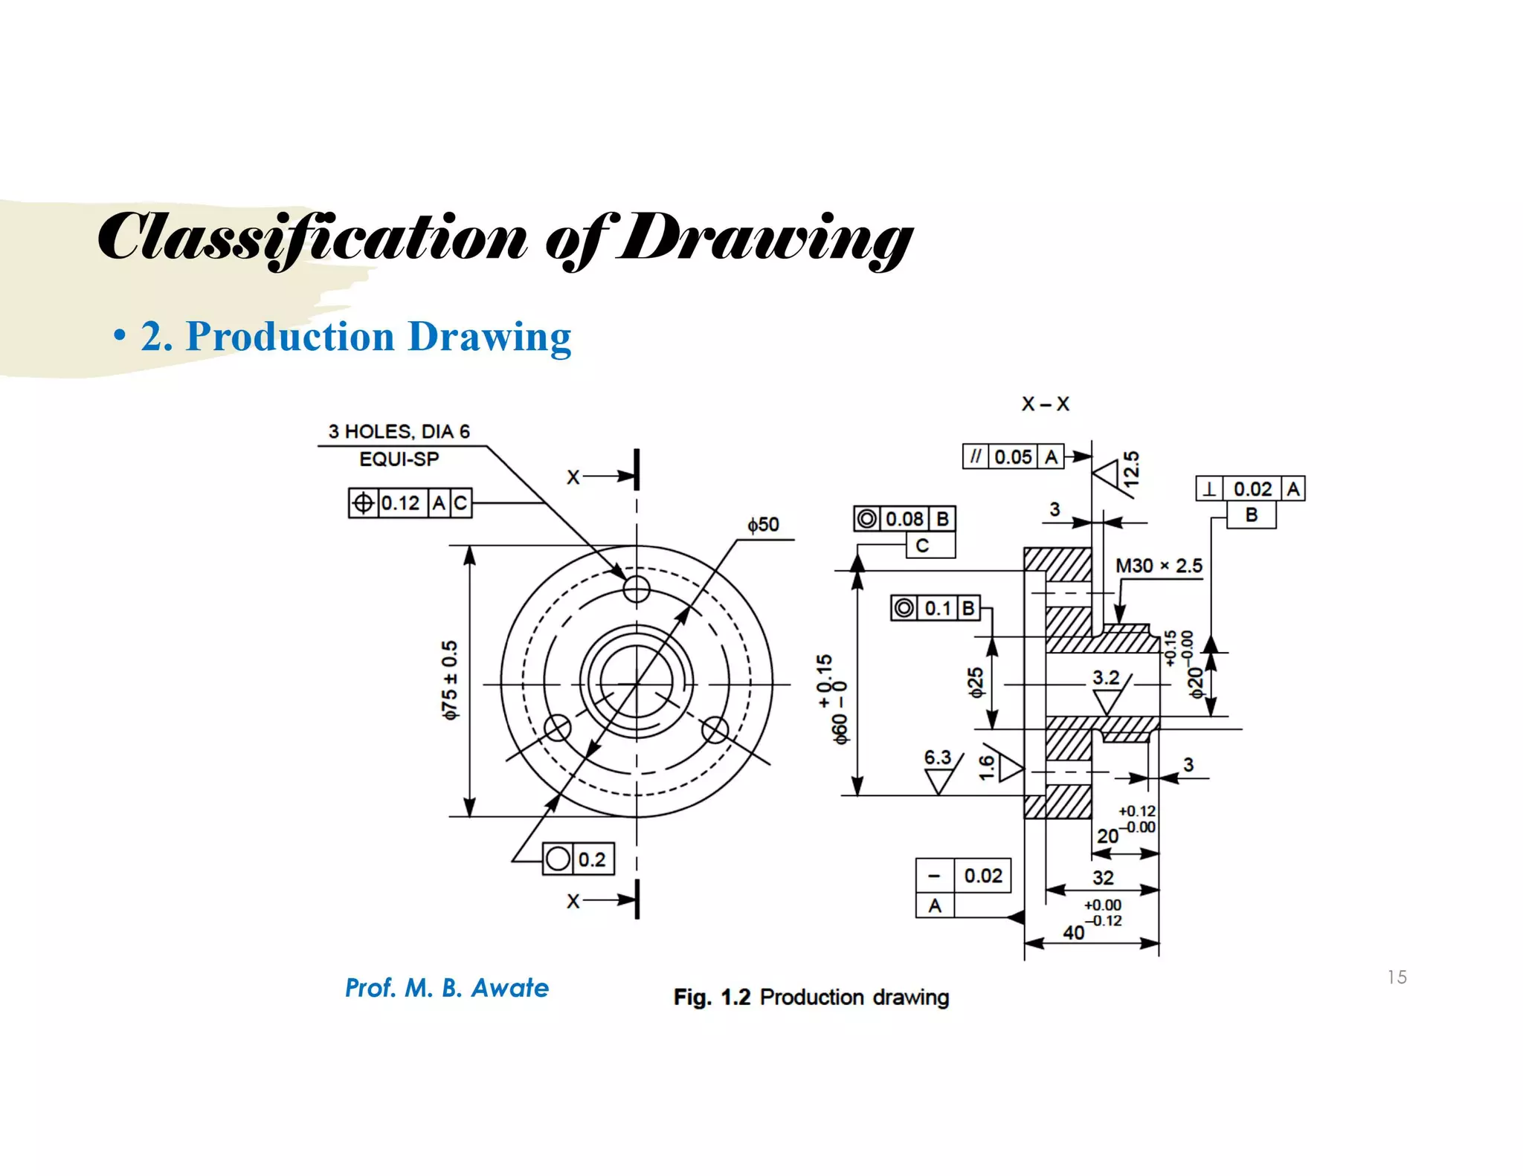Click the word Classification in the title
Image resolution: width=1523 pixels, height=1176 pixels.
click(312, 238)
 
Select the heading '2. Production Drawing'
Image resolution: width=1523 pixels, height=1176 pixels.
click(355, 336)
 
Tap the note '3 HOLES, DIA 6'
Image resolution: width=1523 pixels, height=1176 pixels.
click(399, 432)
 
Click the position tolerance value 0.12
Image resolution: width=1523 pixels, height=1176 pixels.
click(401, 503)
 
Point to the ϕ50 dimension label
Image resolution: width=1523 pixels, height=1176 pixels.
click(764, 525)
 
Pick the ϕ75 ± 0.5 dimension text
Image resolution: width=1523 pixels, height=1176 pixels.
click(450, 680)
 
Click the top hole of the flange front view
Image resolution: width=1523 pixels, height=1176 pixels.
click(637, 589)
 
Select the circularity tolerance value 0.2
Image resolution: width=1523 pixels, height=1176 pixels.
click(592, 859)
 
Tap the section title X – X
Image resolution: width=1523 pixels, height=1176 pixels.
click(1045, 404)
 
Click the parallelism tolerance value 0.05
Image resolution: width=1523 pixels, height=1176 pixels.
click(1013, 456)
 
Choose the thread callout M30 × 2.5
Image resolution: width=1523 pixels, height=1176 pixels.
click(1159, 566)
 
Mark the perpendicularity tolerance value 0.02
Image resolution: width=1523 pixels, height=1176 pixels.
click(1252, 489)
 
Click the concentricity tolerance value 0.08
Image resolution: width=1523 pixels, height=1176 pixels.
click(904, 519)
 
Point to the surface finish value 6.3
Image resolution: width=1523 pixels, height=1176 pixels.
click(937, 757)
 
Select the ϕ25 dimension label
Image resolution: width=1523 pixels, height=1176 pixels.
click(976, 682)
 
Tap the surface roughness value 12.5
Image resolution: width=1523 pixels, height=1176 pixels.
click(1131, 468)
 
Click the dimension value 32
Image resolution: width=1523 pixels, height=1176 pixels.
click(1103, 878)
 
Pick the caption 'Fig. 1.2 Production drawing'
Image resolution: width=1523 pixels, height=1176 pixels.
click(811, 997)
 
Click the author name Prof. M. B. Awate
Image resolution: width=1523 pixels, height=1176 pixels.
click(447, 988)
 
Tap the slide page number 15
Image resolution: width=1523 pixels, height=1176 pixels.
click(1397, 977)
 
